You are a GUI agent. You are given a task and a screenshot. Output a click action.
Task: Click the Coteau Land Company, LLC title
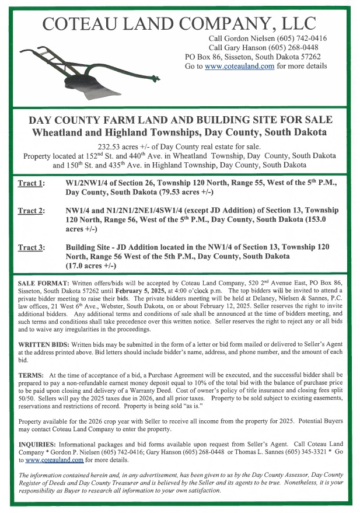(x=180, y=23)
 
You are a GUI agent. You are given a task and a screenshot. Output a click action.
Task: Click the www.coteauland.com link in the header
(x=239, y=67)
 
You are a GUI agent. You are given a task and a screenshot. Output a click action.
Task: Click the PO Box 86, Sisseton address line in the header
(x=252, y=57)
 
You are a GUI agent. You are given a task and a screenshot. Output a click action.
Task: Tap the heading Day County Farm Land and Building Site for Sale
(x=180, y=120)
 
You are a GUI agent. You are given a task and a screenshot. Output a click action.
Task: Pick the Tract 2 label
(x=31, y=211)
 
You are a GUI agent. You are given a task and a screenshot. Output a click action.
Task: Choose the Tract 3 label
(x=31, y=248)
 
